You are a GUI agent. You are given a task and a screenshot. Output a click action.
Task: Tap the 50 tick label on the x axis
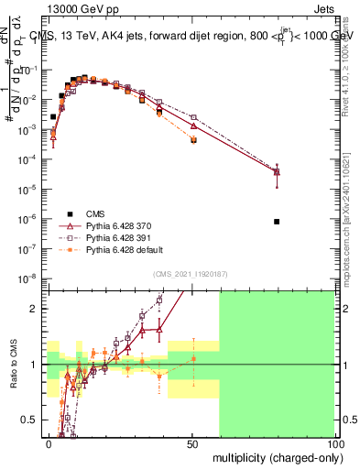pos(192,444)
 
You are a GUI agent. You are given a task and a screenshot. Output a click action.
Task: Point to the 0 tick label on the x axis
pos(49,444)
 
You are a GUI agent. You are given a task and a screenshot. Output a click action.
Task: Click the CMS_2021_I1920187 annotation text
pos(190,273)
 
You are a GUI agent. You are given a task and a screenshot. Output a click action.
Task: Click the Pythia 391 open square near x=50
pos(193,117)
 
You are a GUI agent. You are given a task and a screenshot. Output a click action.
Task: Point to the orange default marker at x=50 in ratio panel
pos(193,358)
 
